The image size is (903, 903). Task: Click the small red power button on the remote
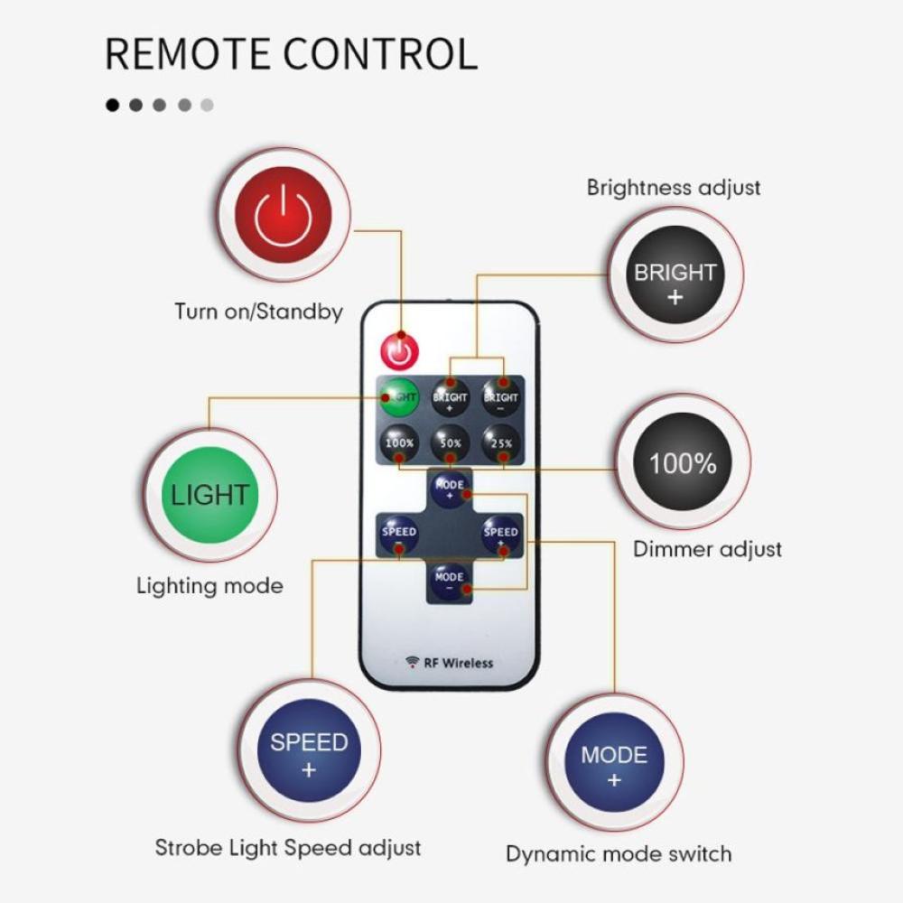coord(399,348)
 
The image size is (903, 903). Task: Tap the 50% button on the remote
coord(450,442)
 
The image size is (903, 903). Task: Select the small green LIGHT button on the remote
coord(398,396)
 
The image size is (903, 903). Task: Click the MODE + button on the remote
coord(450,488)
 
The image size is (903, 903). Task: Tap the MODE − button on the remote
coord(449,580)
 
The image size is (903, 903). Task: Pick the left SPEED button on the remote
coord(398,535)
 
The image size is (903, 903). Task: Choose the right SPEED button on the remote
coord(500,535)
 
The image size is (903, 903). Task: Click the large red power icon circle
coord(283,217)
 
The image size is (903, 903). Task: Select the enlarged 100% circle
coord(683,463)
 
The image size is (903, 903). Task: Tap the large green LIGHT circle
coord(209,494)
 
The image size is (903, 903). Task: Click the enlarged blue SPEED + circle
coord(309,755)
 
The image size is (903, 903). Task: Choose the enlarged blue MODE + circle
coord(614,766)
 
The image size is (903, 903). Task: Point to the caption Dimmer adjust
coord(707,549)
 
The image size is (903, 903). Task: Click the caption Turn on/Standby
coord(258,312)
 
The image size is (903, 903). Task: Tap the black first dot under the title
coord(113,105)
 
